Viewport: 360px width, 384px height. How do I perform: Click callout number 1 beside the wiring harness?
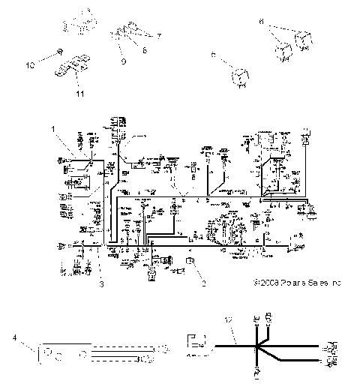(54, 129)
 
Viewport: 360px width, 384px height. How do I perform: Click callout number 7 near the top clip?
(158, 35)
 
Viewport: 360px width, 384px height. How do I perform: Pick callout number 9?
(124, 61)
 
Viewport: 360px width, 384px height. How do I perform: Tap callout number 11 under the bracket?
(79, 93)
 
